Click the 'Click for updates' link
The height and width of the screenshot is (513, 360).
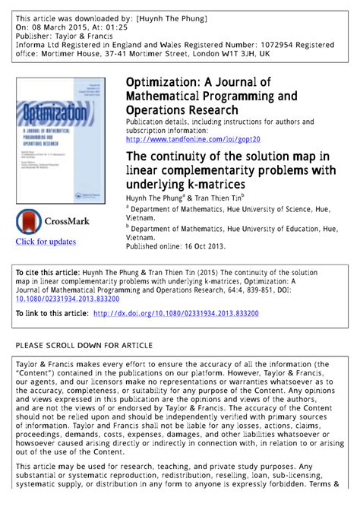[x=46, y=242]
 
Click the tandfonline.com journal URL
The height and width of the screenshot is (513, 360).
[x=193, y=140]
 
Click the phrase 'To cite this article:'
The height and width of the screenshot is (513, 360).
[x=48, y=271]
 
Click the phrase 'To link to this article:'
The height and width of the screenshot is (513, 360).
[x=52, y=312]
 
